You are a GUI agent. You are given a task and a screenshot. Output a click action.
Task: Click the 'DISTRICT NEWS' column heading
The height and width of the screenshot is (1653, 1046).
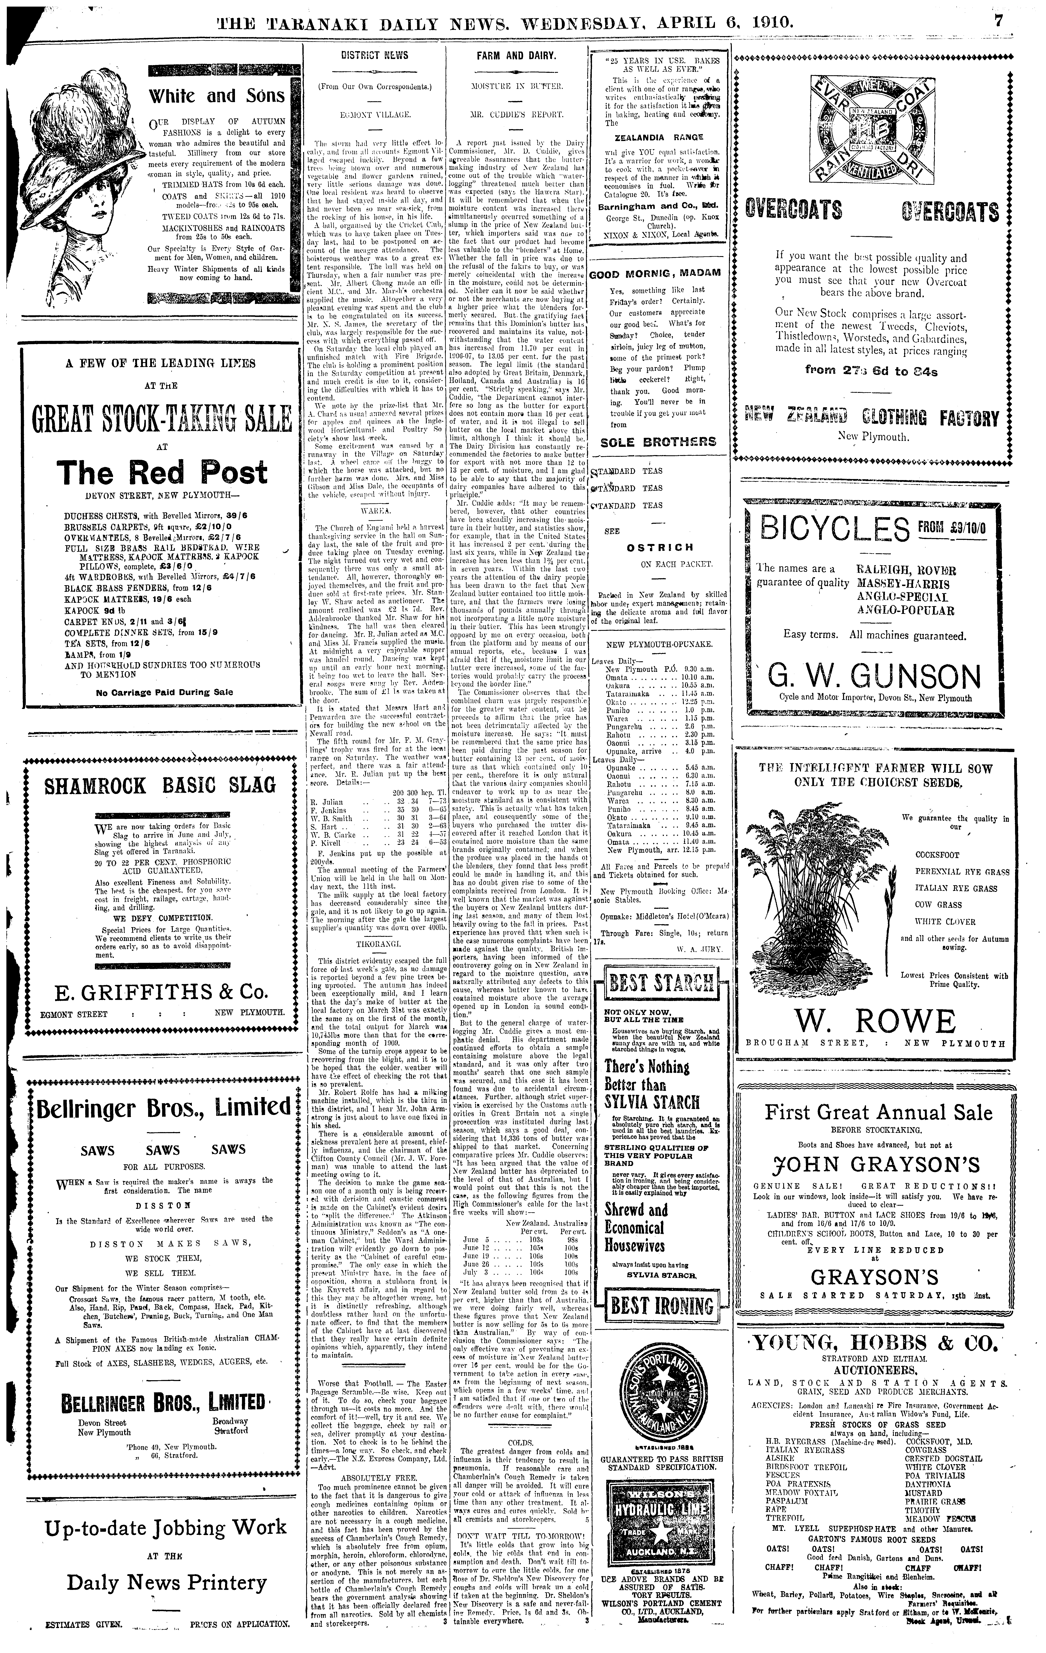point(374,56)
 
